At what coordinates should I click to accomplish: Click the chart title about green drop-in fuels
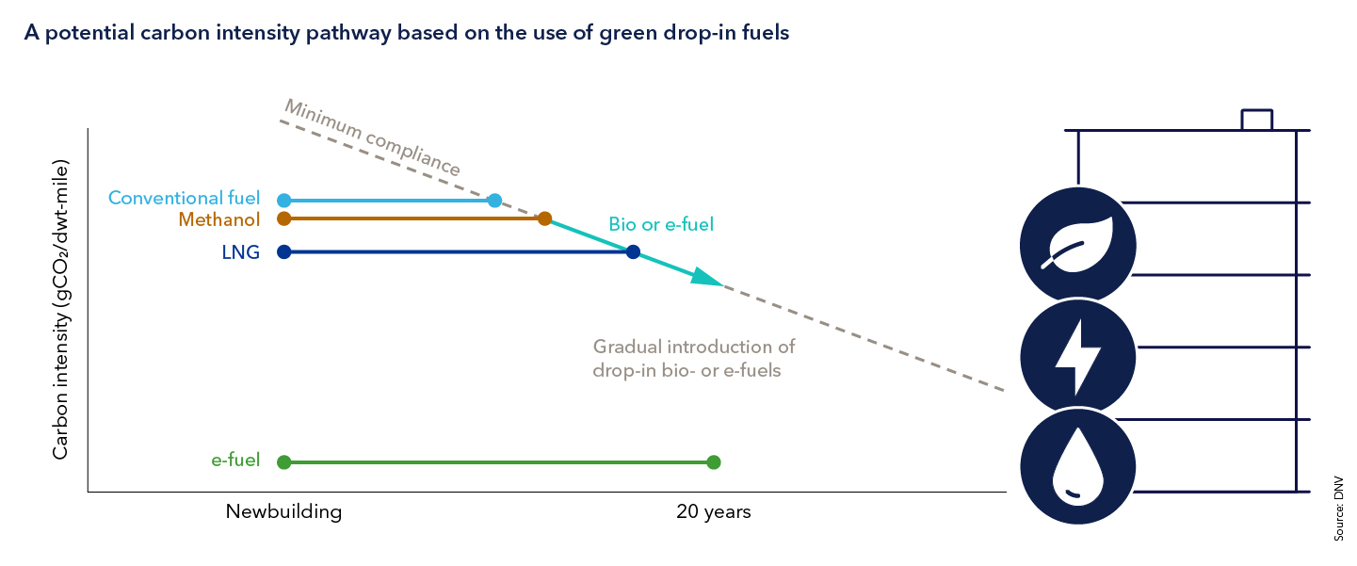point(406,32)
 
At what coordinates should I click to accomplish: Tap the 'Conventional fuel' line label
point(185,199)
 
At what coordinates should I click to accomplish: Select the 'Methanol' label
point(218,219)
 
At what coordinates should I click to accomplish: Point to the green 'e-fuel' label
point(235,461)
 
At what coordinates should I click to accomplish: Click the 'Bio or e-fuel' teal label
point(661,225)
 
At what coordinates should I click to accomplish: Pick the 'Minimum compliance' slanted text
point(373,137)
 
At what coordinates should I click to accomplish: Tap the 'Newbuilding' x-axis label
point(283,512)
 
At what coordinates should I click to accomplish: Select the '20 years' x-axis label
point(713,512)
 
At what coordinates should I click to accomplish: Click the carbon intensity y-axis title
point(60,310)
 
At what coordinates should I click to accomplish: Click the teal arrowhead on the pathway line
point(705,277)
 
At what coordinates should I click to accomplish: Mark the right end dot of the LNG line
point(633,251)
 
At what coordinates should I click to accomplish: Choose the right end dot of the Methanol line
point(544,218)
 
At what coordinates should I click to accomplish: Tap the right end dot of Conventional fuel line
point(495,201)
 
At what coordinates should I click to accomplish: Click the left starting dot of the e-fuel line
point(284,461)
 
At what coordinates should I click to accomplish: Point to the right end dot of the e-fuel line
point(713,461)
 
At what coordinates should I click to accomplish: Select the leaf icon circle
point(1077,245)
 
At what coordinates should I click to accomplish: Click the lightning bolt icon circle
point(1077,357)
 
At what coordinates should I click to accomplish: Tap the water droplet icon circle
point(1077,467)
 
